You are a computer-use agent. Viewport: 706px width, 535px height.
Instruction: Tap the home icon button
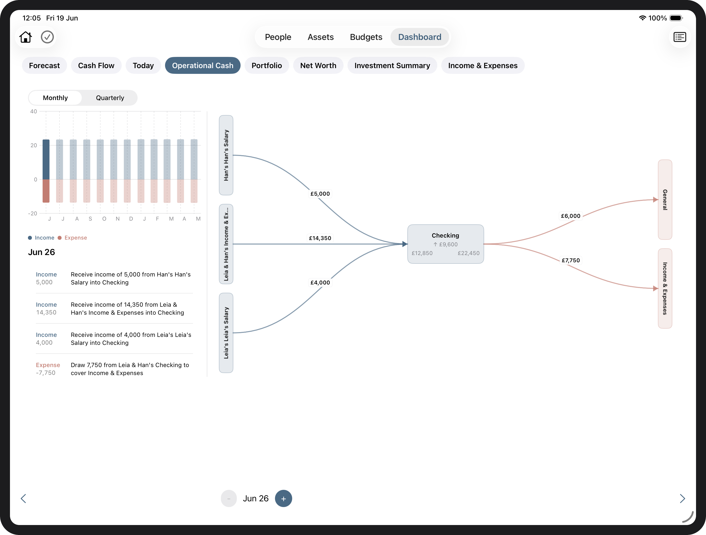[x=25, y=37]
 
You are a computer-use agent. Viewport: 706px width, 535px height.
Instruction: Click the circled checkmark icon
[x=47, y=37]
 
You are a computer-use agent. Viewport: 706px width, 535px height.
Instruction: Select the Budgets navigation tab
[x=366, y=37]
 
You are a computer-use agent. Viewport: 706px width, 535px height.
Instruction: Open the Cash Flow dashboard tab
[x=96, y=65]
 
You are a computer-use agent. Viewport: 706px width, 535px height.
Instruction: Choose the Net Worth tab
[x=318, y=65]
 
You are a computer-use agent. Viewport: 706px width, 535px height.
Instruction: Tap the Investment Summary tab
[x=392, y=65]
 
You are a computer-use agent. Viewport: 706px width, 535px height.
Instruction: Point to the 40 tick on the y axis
[x=33, y=112]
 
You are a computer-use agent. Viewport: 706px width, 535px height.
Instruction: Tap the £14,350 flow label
[x=320, y=238]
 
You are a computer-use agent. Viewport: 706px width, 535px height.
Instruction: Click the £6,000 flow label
[x=571, y=216]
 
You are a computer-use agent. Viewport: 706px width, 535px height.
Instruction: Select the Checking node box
[x=445, y=244]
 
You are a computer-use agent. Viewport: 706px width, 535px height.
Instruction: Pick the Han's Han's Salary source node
[x=226, y=155]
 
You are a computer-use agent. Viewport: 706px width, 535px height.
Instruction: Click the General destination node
[x=665, y=200]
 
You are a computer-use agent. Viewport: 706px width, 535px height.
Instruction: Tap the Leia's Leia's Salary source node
[x=226, y=333]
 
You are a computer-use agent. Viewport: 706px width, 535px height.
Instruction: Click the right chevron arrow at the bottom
[x=682, y=499]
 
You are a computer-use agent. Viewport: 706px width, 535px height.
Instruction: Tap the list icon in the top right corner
[x=680, y=37]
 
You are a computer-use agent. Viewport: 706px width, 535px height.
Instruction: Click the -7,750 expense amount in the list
[x=46, y=373]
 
